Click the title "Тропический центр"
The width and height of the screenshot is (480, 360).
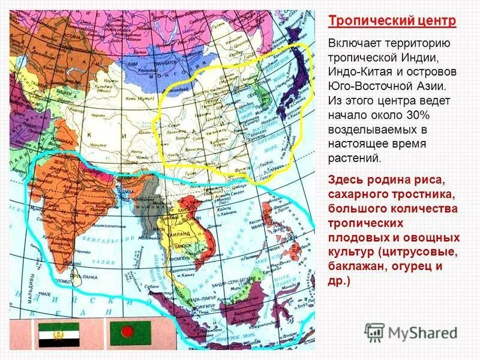pyautogui.click(x=392, y=21)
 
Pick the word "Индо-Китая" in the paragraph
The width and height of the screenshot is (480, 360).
pyautogui.click(x=360, y=71)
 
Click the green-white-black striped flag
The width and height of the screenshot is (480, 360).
pyautogui.click(x=59, y=333)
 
